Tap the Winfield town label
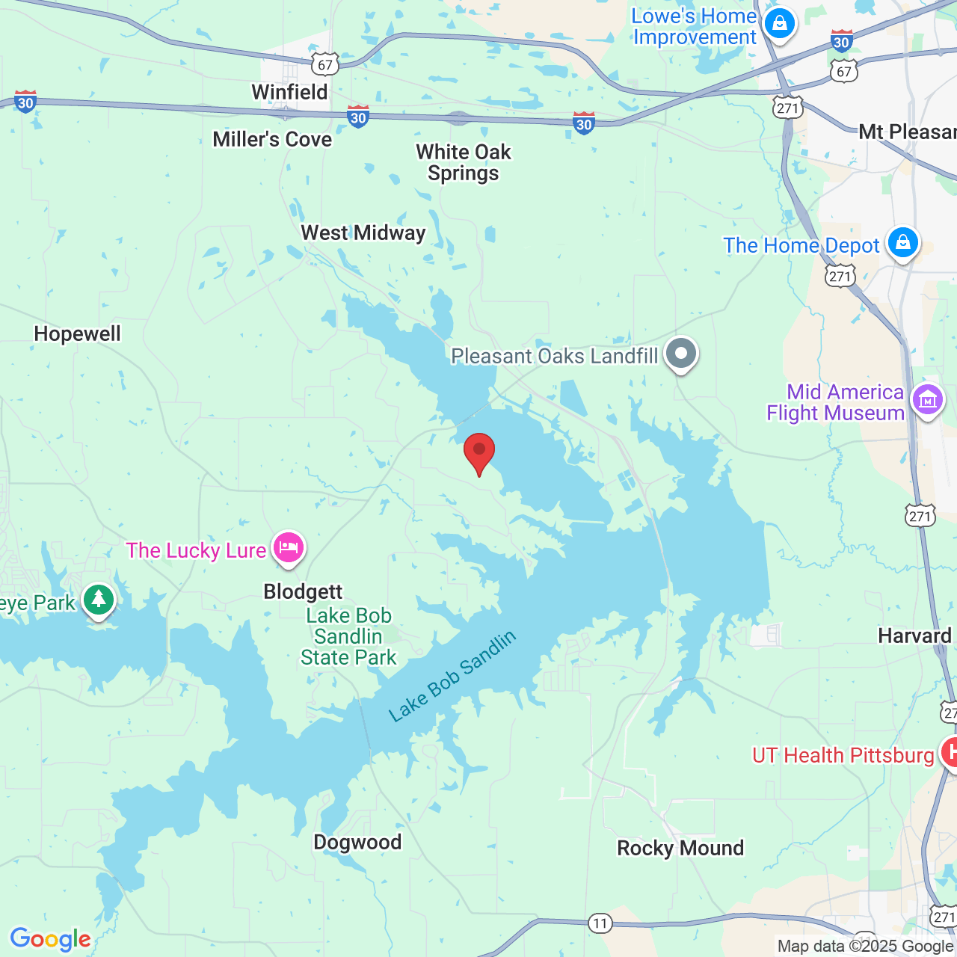point(289,92)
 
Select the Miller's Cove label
point(272,139)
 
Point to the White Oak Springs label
point(463,162)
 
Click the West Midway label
point(363,233)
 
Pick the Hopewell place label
point(77,333)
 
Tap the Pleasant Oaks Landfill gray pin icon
point(680,354)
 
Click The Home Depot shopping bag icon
point(902,243)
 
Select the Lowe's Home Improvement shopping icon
point(779,23)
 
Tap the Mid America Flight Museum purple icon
point(927,400)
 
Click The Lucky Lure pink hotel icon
point(288,548)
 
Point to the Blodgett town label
point(303,591)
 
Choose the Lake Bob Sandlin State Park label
point(348,636)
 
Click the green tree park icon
point(98,600)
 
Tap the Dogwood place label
point(357,842)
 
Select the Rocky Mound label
point(680,848)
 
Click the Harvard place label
point(914,636)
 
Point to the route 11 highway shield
point(600,923)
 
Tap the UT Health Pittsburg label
point(843,755)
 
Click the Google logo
point(50,939)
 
